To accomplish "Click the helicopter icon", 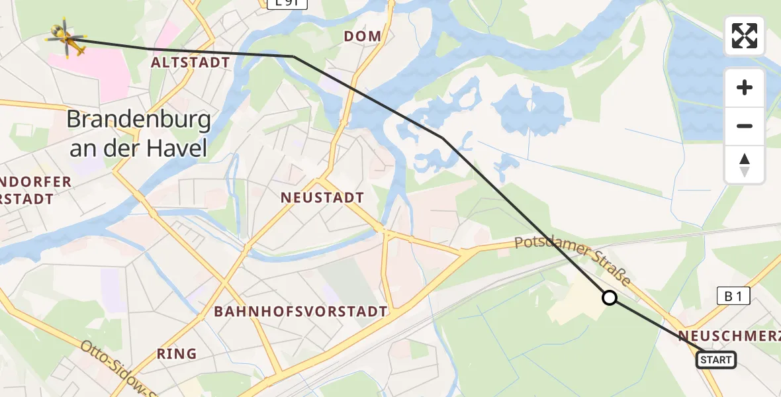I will tap(66, 38).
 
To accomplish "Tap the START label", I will tap(715, 359).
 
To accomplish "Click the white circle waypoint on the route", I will tap(610, 298).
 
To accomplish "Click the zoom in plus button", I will tap(745, 87).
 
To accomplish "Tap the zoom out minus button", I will tap(745, 126).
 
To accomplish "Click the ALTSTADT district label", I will tap(191, 63).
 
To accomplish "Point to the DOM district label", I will tap(363, 36).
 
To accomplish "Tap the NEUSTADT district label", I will tap(322, 197).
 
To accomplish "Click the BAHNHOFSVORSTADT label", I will tap(300, 311).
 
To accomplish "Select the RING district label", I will tap(177, 353).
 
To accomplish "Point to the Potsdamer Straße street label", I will tap(573, 259).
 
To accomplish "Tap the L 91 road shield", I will tap(278, 4).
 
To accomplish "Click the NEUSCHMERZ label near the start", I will tap(728, 335).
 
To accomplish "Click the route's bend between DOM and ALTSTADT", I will tap(293, 56).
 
